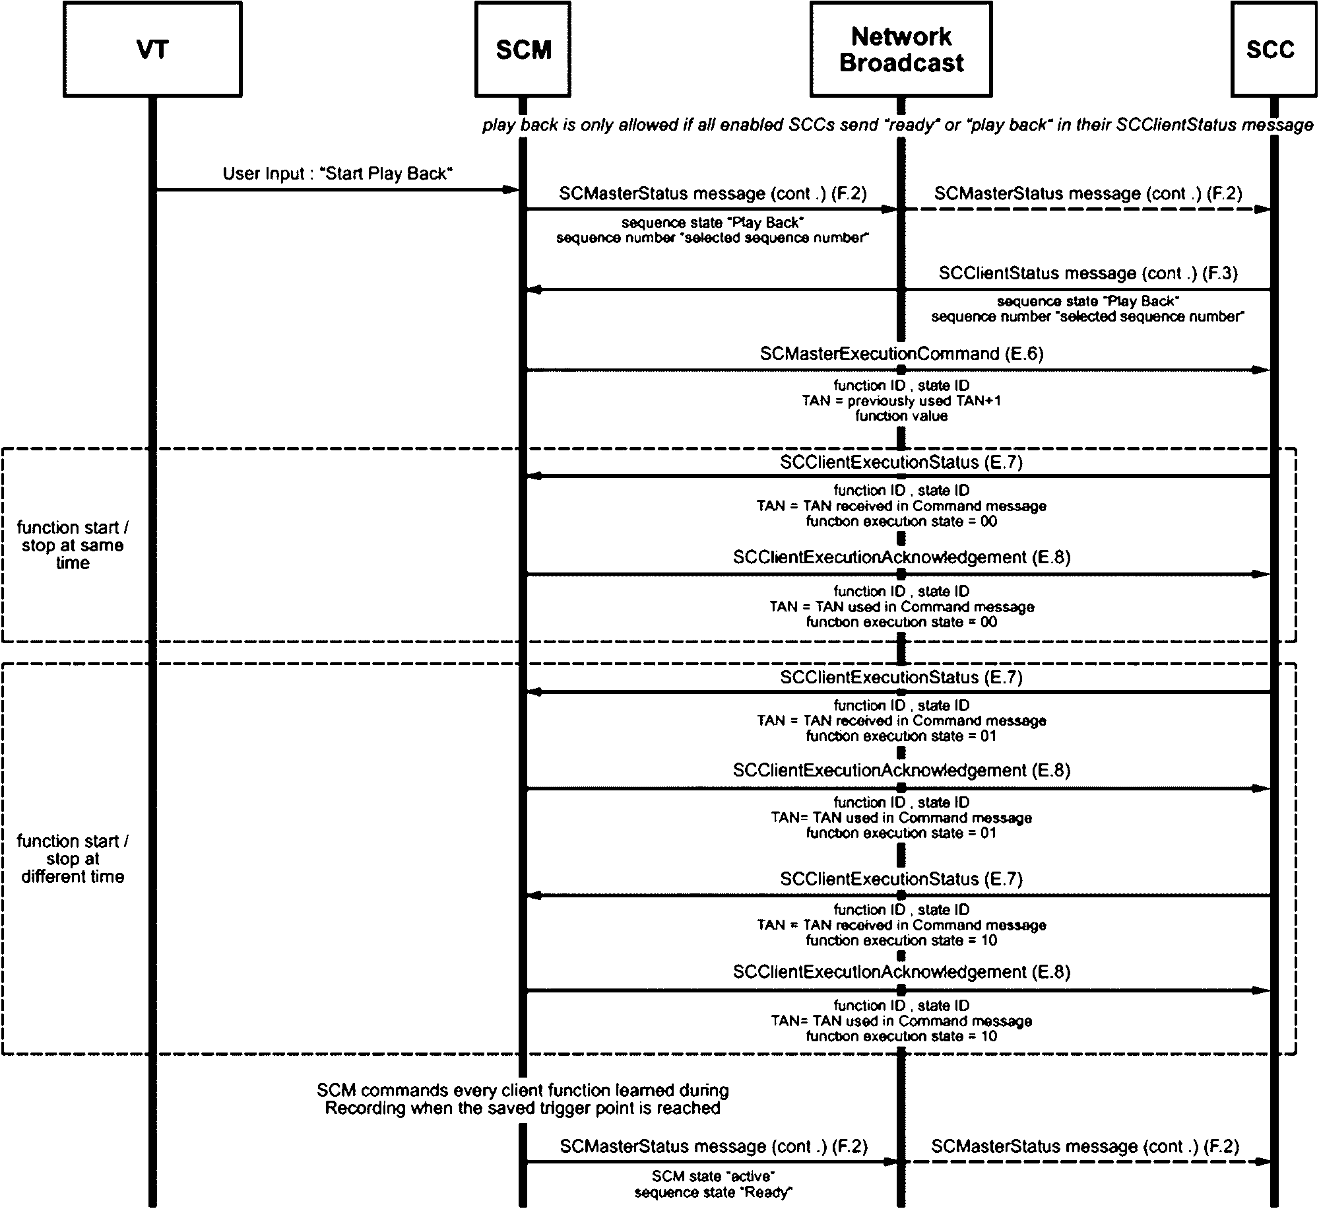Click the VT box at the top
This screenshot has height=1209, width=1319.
152,49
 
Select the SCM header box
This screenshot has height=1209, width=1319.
523,49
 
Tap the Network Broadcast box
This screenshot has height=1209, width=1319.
901,49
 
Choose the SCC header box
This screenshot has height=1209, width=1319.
1270,49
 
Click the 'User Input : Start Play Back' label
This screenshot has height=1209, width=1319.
338,174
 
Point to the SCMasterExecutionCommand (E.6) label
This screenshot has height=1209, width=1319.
901,354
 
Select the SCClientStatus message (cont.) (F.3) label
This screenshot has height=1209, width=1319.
1088,273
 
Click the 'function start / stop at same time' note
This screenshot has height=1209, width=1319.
73,545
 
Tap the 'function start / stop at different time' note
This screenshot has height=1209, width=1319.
73,859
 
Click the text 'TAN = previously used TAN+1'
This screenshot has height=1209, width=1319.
901,401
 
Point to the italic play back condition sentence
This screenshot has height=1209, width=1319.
897,125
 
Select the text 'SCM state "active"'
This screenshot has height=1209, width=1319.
713,1176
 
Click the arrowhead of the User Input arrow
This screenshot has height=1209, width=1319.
512,190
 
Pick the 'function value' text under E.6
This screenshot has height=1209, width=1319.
901,416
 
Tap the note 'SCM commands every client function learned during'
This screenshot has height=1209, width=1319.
523,1090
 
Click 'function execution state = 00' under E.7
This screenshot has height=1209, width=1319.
901,522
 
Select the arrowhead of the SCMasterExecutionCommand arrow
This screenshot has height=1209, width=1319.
1260,370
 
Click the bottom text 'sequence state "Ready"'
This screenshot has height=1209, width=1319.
713,1192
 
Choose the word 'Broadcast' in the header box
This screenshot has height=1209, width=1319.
901,63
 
